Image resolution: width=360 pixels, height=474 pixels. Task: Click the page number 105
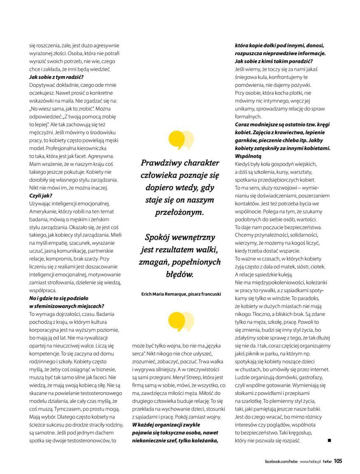(338, 461)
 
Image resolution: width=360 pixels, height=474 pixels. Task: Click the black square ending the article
(329, 440)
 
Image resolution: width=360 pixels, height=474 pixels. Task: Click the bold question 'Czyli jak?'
(40, 196)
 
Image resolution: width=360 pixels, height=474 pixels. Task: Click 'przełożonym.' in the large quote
(180, 212)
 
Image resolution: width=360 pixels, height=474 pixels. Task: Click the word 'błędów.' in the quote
(180, 274)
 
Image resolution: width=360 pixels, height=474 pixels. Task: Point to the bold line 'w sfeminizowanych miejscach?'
(66, 306)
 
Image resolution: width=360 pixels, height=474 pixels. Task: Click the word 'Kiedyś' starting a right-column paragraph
(243, 164)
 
